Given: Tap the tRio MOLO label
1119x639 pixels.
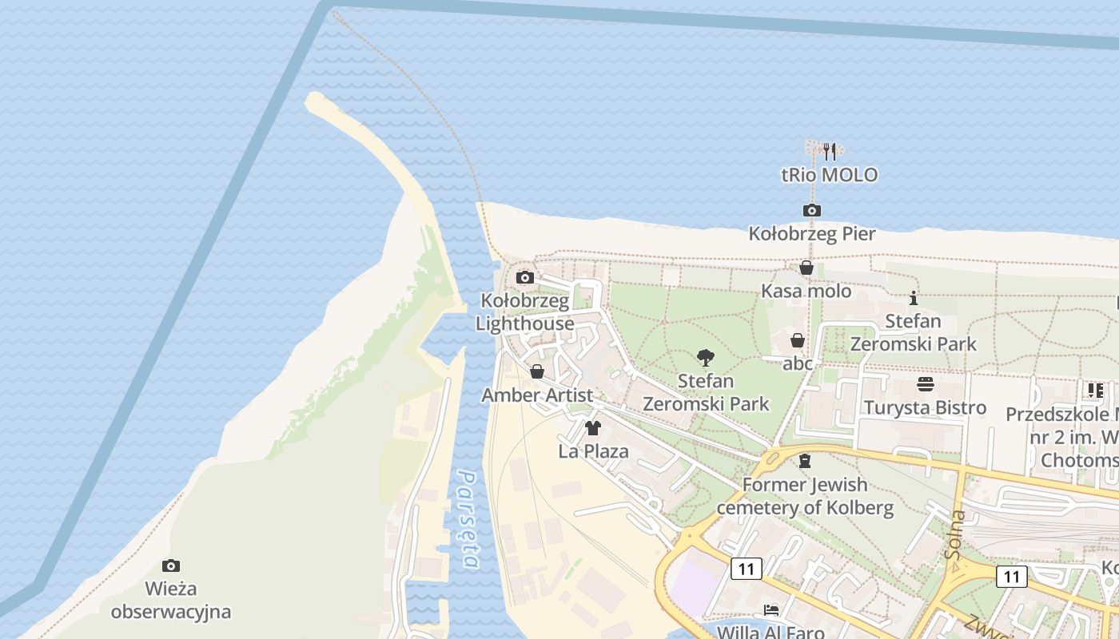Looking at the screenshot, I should pos(829,174).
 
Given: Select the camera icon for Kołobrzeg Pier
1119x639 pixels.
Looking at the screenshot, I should pos(812,210).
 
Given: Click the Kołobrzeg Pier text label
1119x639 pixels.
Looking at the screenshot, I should pos(812,234).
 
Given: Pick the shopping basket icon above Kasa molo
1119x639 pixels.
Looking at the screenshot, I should pos(806,268).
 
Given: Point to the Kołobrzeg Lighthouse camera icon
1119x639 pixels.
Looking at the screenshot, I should pos(525,277).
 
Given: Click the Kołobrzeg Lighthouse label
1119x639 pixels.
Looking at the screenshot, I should pos(525,312).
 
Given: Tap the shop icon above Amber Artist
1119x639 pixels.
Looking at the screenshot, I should pos(537,371).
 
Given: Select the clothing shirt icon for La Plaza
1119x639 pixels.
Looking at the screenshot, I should pos(592,428).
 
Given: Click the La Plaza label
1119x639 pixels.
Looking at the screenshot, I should pos(593,451).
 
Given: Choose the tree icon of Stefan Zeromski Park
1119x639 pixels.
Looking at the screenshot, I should pos(706,357).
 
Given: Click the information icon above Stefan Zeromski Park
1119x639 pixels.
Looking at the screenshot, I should pos(914,298).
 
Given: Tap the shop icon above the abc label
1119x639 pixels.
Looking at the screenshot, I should pos(798,340).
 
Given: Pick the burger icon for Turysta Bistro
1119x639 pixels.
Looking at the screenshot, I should pos(926,384).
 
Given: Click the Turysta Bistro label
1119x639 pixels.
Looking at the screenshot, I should pos(926,408).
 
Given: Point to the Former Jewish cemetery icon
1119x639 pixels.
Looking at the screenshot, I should pos(805,461).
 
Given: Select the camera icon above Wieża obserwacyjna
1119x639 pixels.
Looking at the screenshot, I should pos(171,566).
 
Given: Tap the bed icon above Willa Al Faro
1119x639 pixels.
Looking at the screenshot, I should pos(771,610).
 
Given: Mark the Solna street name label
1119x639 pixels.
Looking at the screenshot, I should pos(954,533).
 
